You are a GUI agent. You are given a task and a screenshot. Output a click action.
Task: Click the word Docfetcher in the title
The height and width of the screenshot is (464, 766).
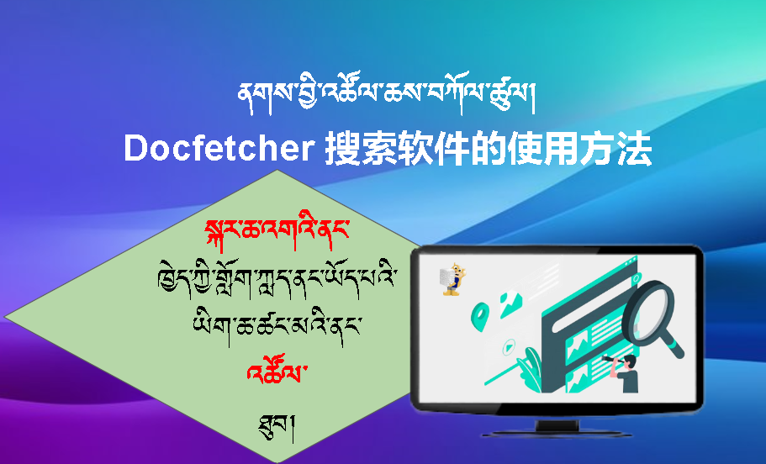[219, 149]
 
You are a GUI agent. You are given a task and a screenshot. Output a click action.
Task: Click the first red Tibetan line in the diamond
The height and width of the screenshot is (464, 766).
[277, 230]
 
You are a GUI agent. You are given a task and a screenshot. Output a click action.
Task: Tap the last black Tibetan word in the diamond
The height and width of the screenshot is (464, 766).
[278, 413]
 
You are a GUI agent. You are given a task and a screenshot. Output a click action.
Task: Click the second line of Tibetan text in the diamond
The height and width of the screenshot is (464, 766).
[277, 277]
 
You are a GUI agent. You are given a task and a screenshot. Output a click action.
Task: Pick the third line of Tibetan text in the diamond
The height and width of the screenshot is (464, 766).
[277, 322]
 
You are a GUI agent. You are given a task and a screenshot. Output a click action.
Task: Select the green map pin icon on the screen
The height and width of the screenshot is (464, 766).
[479, 314]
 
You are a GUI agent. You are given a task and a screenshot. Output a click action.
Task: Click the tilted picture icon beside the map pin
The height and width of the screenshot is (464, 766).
[510, 303]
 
